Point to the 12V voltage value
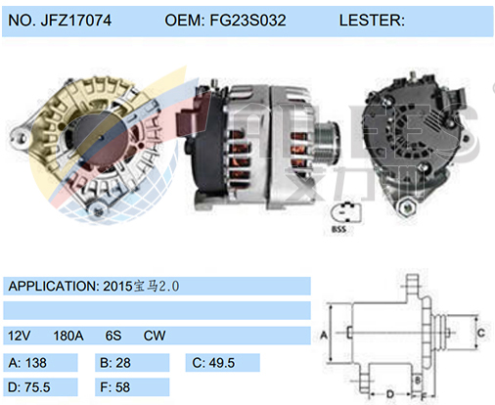[x=20, y=336]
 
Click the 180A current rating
[x=67, y=336]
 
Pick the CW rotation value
[x=154, y=336]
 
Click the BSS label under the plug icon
[x=338, y=231]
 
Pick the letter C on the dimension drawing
[x=480, y=333]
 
